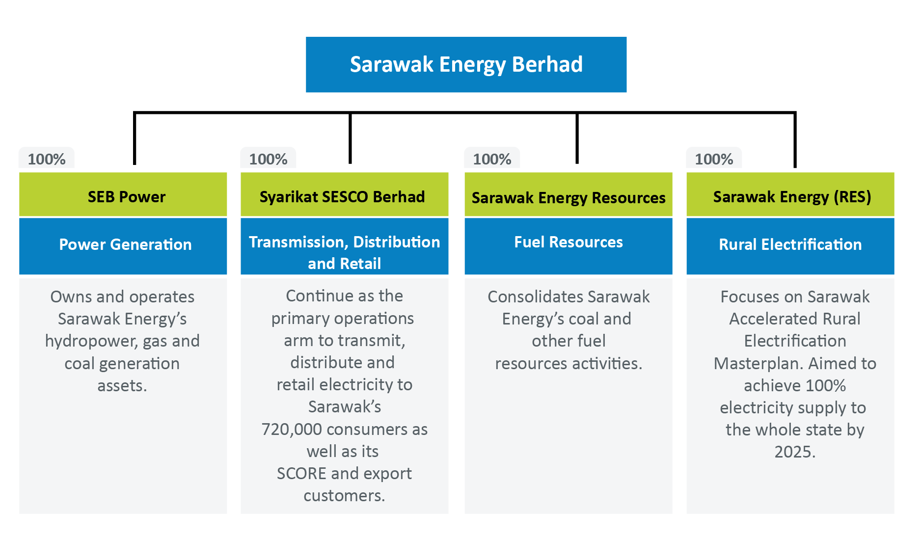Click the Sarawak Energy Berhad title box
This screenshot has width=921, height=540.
(466, 64)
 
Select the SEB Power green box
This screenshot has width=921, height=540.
(123, 194)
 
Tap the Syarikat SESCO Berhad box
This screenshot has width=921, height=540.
(344, 194)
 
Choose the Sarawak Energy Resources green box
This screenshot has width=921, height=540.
(569, 194)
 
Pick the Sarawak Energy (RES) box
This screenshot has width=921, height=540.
(790, 194)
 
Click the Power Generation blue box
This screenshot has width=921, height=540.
(123, 246)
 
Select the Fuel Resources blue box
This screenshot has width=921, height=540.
(569, 246)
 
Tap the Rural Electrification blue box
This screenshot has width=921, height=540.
(790, 246)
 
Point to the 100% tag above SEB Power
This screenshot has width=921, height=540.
(47, 159)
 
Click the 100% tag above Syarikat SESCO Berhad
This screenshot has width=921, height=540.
(268, 159)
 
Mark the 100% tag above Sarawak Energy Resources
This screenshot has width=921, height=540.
(492, 159)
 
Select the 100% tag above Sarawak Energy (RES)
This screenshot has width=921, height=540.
(714, 159)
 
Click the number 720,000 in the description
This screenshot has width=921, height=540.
(292, 430)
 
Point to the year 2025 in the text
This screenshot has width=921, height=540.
(795, 452)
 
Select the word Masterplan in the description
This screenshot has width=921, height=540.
(758, 364)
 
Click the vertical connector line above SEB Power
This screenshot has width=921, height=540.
(135, 138)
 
